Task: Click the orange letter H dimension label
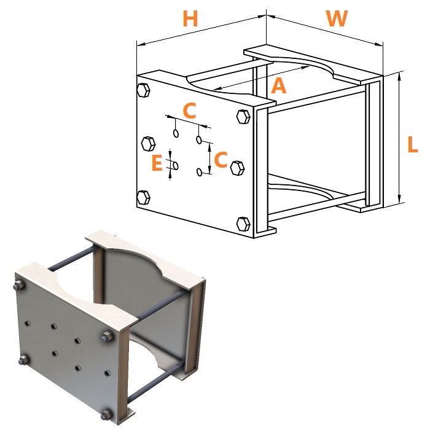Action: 190,18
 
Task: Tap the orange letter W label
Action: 337,18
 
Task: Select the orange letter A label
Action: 279,85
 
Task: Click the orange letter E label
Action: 157,163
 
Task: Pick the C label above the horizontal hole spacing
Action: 189,110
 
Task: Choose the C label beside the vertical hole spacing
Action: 221,159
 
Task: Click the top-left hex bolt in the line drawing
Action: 143,90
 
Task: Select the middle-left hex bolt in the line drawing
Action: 149,143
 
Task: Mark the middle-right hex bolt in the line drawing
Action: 238,168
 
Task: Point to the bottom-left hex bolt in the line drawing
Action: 143,197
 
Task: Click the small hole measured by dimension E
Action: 176,166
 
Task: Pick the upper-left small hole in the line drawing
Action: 176,133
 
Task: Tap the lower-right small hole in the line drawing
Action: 200,172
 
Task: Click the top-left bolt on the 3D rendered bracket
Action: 18,286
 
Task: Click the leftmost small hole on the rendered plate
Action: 27,324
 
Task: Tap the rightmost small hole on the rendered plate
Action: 108,373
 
